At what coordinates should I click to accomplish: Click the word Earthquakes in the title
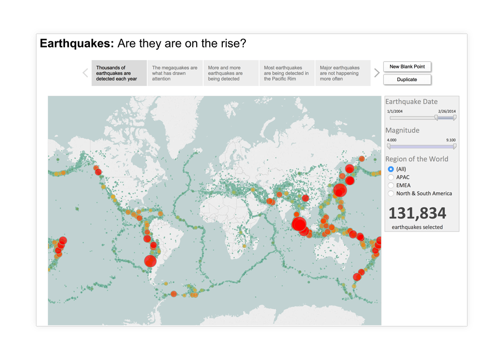pyautogui.click(x=77, y=43)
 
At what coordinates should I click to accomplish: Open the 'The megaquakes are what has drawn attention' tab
pyautogui.click(x=175, y=73)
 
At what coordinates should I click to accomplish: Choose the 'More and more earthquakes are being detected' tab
pyautogui.click(x=231, y=73)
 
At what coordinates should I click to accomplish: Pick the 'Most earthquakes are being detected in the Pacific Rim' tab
pyautogui.click(x=287, y=73)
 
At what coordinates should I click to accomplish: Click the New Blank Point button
pyautogui.click(x=407, y=66)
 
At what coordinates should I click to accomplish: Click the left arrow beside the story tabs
pyautogui.click(x=85, y=73)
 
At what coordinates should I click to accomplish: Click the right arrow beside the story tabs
pyautogui.click(x=377, y=73)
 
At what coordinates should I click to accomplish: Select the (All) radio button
pyautogui.click(x=391, y=169)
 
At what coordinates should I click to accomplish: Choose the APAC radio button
pyautogui.click(x=391, y=177)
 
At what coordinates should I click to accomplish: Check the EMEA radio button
pyautogui.click(x=391, y=185)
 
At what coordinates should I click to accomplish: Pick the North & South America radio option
pyautogui.click(x=391, y=193)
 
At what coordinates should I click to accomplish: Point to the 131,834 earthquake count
pyautogui.click(x=417, y=213)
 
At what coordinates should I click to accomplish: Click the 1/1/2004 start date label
pyautogui.click(x=395, y=111)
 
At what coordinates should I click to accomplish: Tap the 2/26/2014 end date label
pyautogui.click(x=447, y=111)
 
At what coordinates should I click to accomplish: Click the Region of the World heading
pyautogui.click(x=417, y=159)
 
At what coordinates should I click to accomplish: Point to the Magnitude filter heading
pyautogui.click(x=402, y=130)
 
